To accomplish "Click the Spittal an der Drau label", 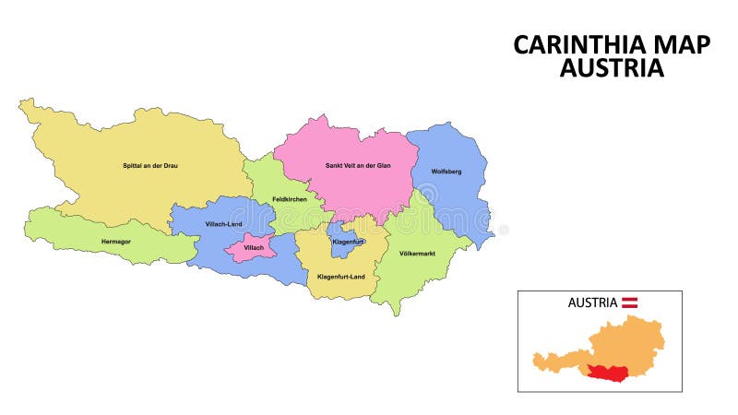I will (x=149, y=165).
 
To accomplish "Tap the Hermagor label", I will (x=115, y=243).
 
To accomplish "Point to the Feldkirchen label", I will (x=289, y=199).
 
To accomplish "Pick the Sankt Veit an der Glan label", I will (x=357, y=165).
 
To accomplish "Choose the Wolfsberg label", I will (x=446, y=172).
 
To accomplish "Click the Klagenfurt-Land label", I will (x=340, y=276).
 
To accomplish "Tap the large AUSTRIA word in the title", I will (x=612, y=68).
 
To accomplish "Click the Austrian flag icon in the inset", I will (x=630, y=302).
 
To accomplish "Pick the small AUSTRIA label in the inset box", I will (x=592, y=302).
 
